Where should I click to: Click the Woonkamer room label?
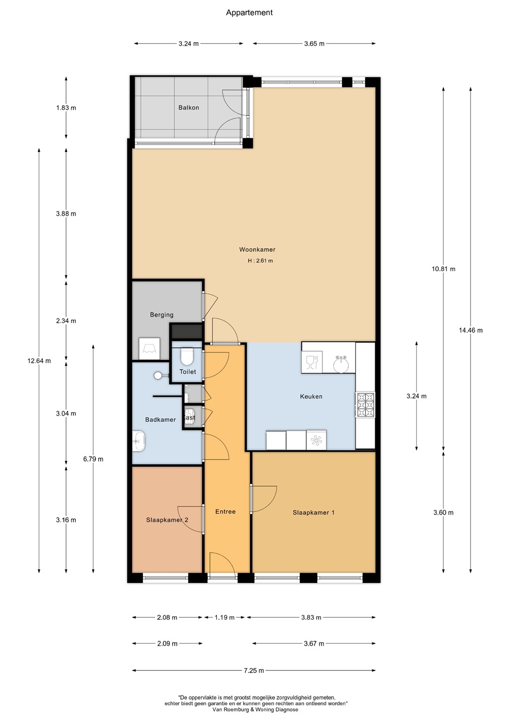[257, 250]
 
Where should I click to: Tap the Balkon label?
[189, 108]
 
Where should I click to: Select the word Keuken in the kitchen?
[311, 397]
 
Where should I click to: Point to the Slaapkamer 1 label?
[314, 512]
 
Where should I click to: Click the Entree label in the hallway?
[225, 511]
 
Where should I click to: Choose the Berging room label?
[162, 314]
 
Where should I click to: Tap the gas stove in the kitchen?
[365, 405]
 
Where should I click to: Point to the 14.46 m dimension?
[471, 330]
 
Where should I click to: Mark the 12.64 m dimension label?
[39, 361]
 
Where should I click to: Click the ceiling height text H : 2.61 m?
[260, 261]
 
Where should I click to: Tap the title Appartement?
[249, 13]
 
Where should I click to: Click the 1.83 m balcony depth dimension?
[66, 108]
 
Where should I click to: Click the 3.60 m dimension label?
[443, 513]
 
